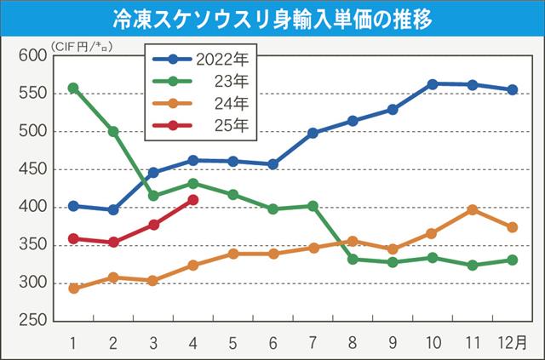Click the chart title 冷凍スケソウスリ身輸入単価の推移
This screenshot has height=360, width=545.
[272, 18]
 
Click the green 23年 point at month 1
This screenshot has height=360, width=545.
[73, 88]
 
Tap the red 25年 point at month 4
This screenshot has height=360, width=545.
[193, 200]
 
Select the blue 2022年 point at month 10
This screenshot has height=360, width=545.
[433, 83]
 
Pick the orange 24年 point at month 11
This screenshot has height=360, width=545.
[473, 209]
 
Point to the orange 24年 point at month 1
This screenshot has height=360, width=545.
[73, 289]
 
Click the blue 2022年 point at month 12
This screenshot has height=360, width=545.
[513, 89]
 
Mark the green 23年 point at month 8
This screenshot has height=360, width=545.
[353, 259]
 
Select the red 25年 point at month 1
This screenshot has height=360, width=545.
[73, 238]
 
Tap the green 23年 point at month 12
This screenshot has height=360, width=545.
[513, 260]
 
